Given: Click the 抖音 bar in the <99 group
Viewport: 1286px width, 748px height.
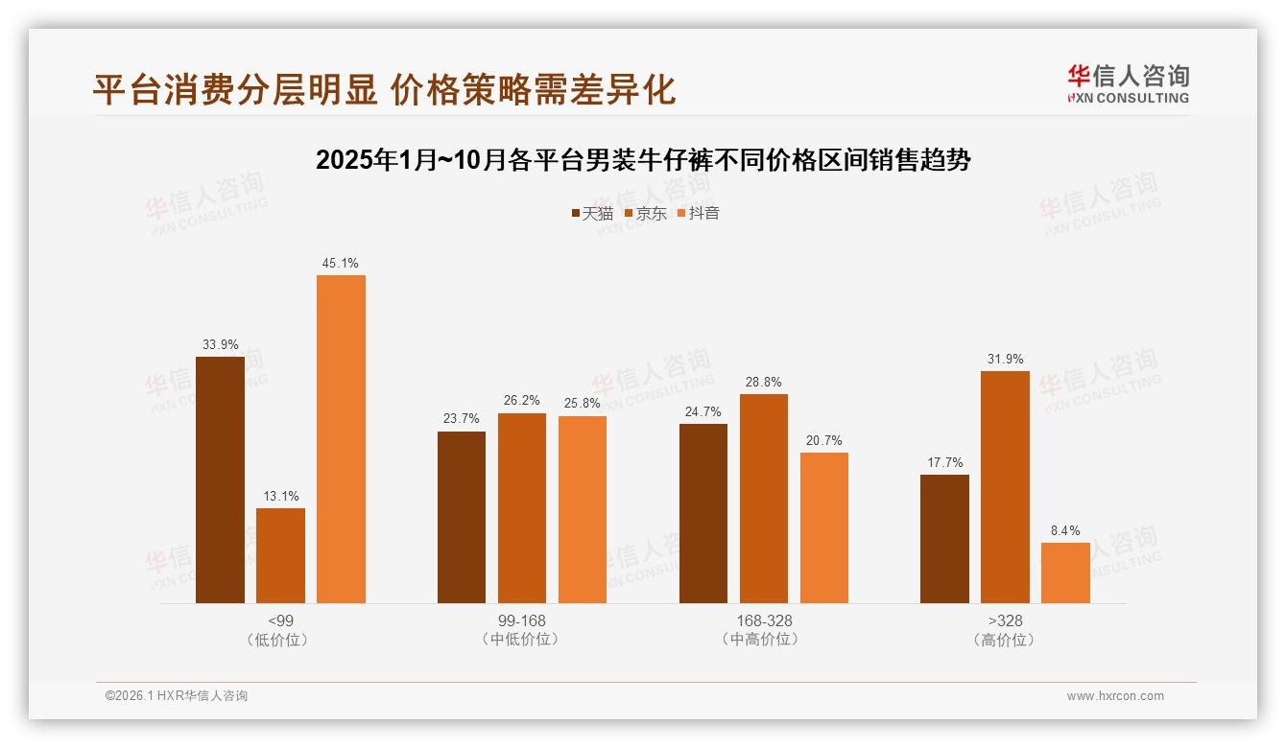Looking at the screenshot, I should tap(341, 439).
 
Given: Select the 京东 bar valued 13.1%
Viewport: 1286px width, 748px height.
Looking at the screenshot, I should tap(280, 555).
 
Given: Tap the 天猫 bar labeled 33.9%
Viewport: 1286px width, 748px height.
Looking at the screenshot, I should tap(220, 479).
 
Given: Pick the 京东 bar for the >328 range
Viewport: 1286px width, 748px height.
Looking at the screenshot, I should tap(1005, 487).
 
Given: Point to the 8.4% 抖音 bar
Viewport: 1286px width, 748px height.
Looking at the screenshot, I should tap(1065, 573).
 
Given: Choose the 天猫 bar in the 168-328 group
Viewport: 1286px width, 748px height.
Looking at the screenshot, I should tap(703, 513).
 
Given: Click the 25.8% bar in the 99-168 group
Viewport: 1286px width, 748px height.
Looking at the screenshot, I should tap(583, 509).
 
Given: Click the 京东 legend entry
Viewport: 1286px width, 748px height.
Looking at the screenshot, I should tap(645, 213).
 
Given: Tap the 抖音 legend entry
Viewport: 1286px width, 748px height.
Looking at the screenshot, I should tap(699, 213).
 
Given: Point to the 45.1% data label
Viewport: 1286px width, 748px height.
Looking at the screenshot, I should tap(341, 263).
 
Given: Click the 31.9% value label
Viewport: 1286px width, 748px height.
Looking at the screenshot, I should tap(1005, 360).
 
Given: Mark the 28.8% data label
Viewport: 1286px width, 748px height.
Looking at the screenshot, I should tap(764, 382).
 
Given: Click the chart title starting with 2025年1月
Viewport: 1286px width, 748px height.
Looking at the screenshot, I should tap(643, 160).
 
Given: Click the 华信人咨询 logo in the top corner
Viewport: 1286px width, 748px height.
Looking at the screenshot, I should tap(1128, 84).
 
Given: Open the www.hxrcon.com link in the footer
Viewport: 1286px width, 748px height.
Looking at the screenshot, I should tap(1115, 696).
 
